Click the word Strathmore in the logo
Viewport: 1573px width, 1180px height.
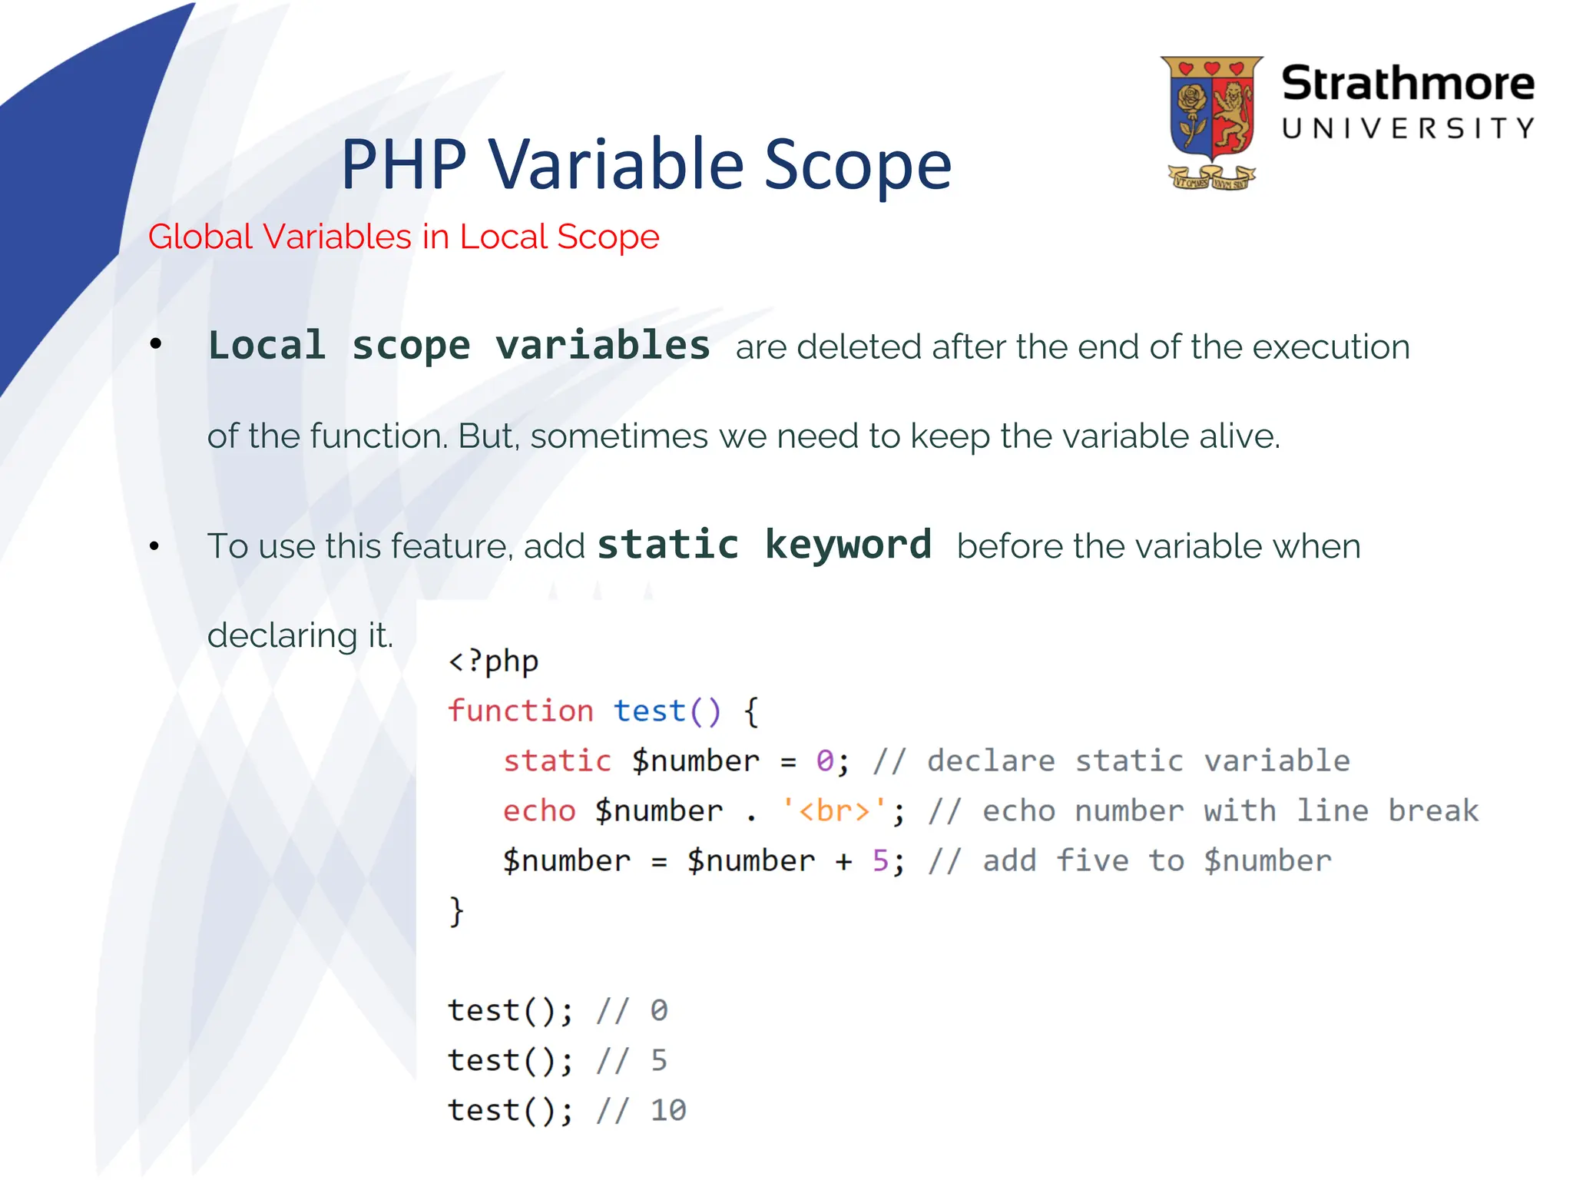(x=1407, y=84)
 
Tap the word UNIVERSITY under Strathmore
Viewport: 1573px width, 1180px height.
(x=1407, y=128)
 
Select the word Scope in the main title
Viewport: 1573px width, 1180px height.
(x=857, y=165)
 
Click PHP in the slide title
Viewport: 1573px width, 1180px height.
(x=404, y=165)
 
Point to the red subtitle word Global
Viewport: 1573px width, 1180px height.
(x=202, y=237)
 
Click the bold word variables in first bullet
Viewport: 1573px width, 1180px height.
(x=602, y=345)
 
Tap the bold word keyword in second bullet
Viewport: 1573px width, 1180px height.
(x=848, y=545)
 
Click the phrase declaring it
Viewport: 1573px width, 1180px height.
(x=300, y=635)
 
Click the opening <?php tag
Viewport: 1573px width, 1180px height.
(x=494, y=661)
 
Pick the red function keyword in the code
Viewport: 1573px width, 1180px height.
(x=521, y=711)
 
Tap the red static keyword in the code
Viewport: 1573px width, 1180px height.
(x=557, y=761)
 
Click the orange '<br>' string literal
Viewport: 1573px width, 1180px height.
(x=833, y=810)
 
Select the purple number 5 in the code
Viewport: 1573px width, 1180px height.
(x=880, y=860)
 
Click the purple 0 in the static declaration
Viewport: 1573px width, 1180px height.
(x=824, y=761)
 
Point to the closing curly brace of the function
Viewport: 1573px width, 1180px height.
(x=456, y=911)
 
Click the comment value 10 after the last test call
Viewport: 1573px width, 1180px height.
(x=667, y=1110)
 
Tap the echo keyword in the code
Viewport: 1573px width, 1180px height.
(x=539, y=810)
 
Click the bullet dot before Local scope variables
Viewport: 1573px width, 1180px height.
(x=156, y=345)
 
